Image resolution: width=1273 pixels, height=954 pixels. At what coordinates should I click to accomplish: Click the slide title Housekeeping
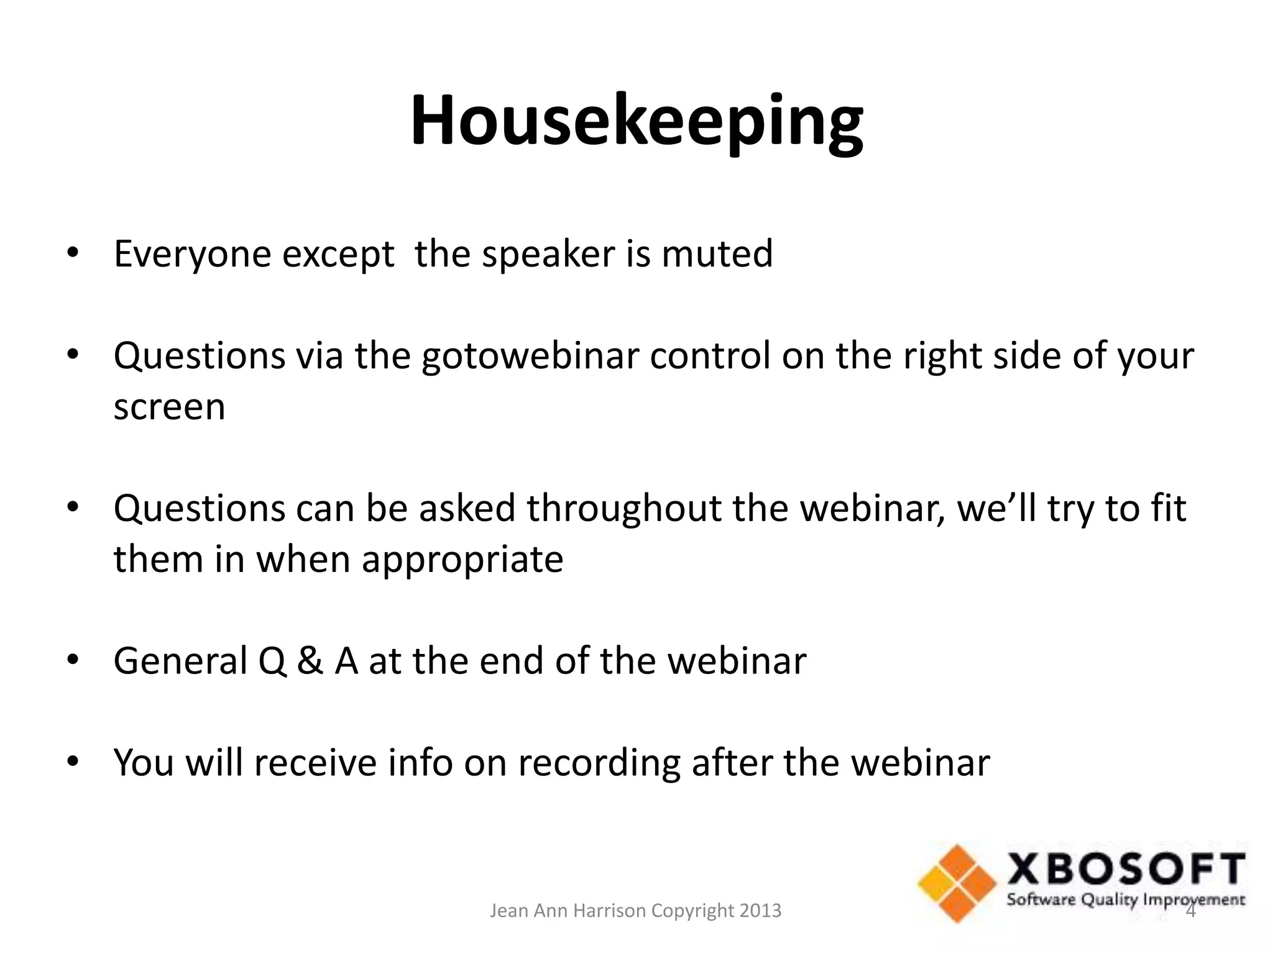(x=636, y=121)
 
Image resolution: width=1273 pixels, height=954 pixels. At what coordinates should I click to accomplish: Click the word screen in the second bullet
(x=169, y=407)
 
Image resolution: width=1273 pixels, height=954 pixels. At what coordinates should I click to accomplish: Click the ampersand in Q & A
(x=310, y=661)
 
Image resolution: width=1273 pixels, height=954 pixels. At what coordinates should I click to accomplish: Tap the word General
(x=180, y=661)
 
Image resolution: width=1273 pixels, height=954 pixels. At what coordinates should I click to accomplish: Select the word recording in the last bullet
(x=599, y=763)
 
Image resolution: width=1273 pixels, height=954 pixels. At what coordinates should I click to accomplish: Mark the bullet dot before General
(x=73, y=660)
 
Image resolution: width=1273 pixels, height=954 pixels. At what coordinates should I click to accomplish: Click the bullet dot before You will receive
(x=73, y=762)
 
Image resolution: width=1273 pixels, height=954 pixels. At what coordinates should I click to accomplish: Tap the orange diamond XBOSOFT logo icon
(x=956, y=883)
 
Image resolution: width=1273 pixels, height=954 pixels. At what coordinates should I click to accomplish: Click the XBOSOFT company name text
(x=1126, y=871)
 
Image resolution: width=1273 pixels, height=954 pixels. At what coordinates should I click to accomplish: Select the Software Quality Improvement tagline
(x=1126, y=899)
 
